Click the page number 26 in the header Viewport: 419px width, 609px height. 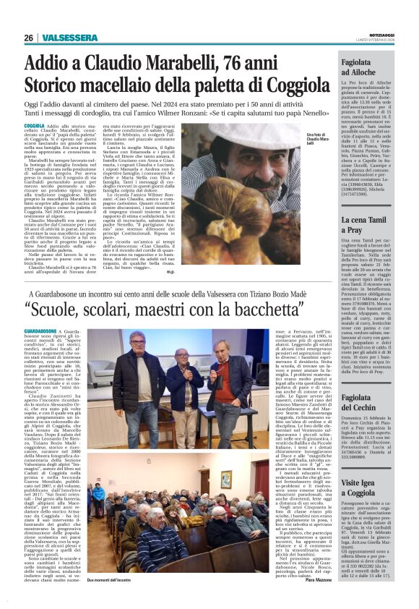click(28, 38)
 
